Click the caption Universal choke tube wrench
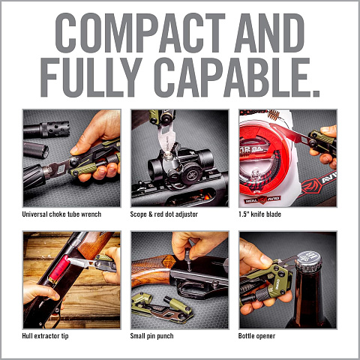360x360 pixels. click(61, 214)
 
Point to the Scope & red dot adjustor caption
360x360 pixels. click(164, 214)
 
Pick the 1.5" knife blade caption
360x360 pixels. click(259, 214)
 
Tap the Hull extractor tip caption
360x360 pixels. click(45, 336)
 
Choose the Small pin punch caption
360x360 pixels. click(151, 336)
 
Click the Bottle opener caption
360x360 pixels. click(256, 336)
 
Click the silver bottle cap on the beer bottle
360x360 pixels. click(309, 261)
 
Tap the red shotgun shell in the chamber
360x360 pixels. click(59, 269)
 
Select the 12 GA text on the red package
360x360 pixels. click(251, 149)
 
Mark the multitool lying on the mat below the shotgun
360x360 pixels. click(162, 308)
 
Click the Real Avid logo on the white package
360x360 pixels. click(262, 199)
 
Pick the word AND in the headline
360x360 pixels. click(269, 33)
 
